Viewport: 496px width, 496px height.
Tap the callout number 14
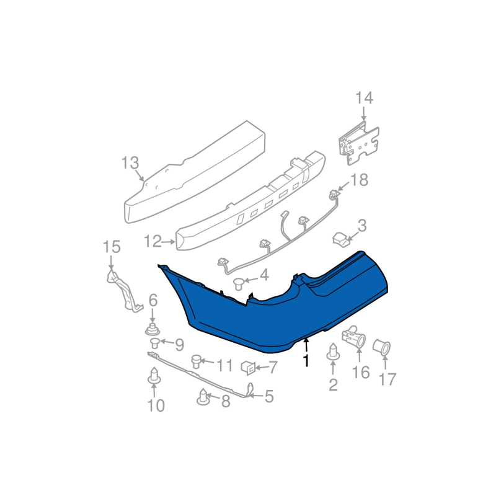365,98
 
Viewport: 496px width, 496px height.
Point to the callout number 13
130,163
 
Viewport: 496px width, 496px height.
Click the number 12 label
153,241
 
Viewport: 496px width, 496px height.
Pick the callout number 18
360,180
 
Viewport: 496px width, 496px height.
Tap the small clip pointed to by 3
340,239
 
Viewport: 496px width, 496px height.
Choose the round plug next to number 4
238,283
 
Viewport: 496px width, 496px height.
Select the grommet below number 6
153,330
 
